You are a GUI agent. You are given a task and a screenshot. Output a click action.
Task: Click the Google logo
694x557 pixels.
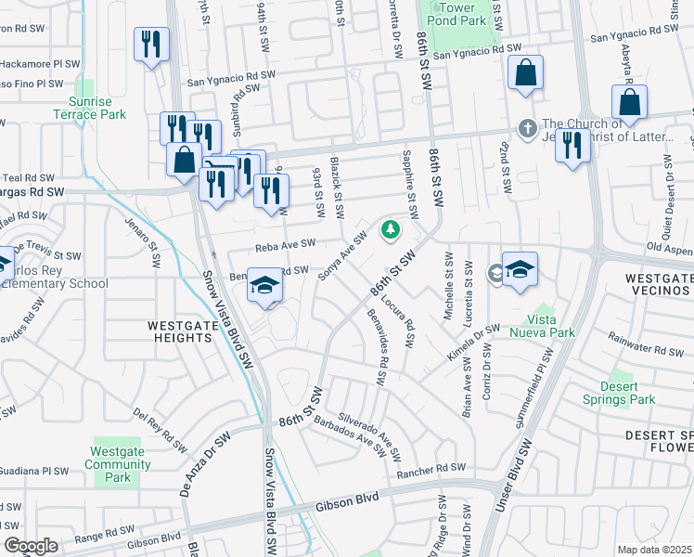coord(31,546)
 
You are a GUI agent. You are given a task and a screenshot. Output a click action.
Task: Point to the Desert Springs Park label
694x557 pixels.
coord(624,393)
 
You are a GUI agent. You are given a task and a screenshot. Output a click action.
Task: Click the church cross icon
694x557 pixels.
coord(527,129)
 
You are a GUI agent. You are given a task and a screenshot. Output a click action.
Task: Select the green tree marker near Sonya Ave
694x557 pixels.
coord(392,228)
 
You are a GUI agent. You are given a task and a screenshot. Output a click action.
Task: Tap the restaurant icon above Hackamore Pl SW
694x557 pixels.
coord(151,45)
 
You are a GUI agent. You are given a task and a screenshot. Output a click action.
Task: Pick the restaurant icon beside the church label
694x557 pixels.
coord(573,144)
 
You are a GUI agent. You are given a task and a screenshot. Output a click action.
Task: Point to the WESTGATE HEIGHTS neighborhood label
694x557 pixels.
coord(180,331)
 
